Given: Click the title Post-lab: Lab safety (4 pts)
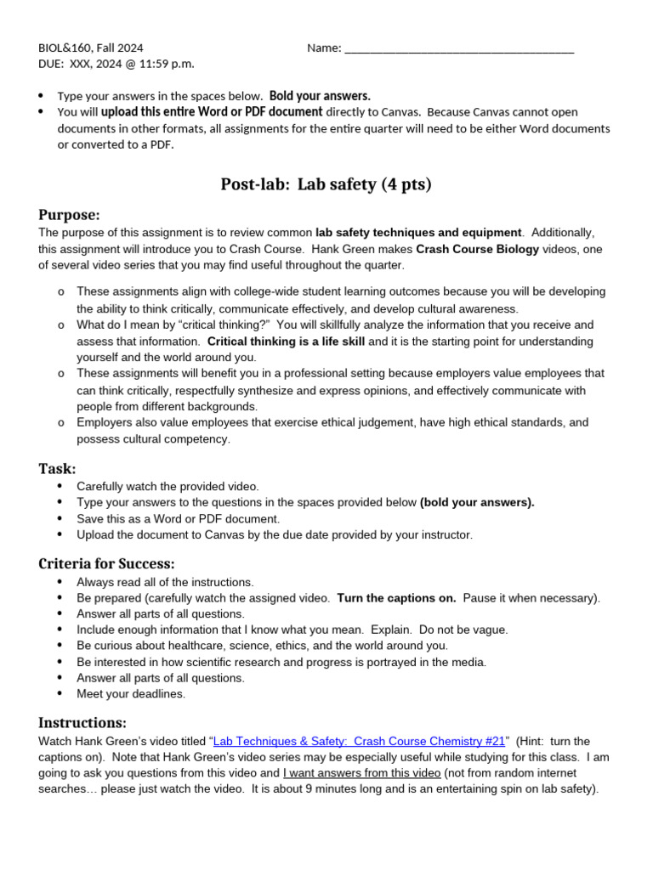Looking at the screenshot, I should [326, 184].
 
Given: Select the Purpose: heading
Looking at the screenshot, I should [69, 214].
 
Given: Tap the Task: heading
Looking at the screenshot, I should [57, 468].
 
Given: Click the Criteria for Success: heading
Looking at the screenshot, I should [106, 563].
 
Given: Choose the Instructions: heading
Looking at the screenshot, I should [82, 722].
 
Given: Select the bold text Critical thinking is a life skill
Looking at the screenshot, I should [286, 341].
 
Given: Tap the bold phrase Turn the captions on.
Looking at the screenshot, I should [396, 597].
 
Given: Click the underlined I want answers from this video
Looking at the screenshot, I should [361, 772].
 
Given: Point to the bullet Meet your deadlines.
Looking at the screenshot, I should [131, 693].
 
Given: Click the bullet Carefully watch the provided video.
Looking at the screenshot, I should [168, 486].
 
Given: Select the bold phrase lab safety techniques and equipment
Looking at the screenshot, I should [418, 232].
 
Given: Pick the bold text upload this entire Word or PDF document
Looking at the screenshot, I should [212, 111].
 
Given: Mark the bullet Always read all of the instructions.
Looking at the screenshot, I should [165, 582].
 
